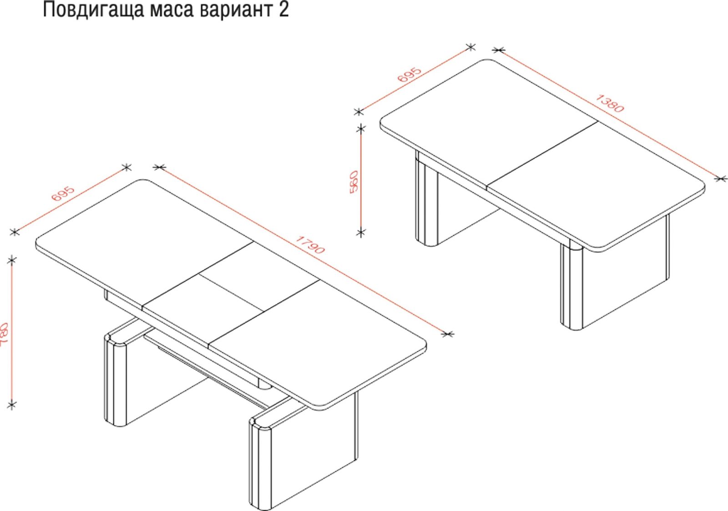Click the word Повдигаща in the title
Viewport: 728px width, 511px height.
(93, 10)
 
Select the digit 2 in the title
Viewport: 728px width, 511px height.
(283, 10)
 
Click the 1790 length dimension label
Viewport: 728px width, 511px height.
(310, 244)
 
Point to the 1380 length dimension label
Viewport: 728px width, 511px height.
(609, 103)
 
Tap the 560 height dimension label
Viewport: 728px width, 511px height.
(354, 182)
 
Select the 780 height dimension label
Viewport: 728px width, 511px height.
(4, 334)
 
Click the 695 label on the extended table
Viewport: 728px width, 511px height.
(63, 194)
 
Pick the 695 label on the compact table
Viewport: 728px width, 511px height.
(409, 75)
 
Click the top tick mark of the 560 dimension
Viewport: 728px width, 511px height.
(361, 129)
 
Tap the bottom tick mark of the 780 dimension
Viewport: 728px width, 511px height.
(12, 405)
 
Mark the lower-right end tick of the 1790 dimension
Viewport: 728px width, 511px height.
(448, 334)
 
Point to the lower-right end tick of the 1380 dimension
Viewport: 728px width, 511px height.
(721, 178)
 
